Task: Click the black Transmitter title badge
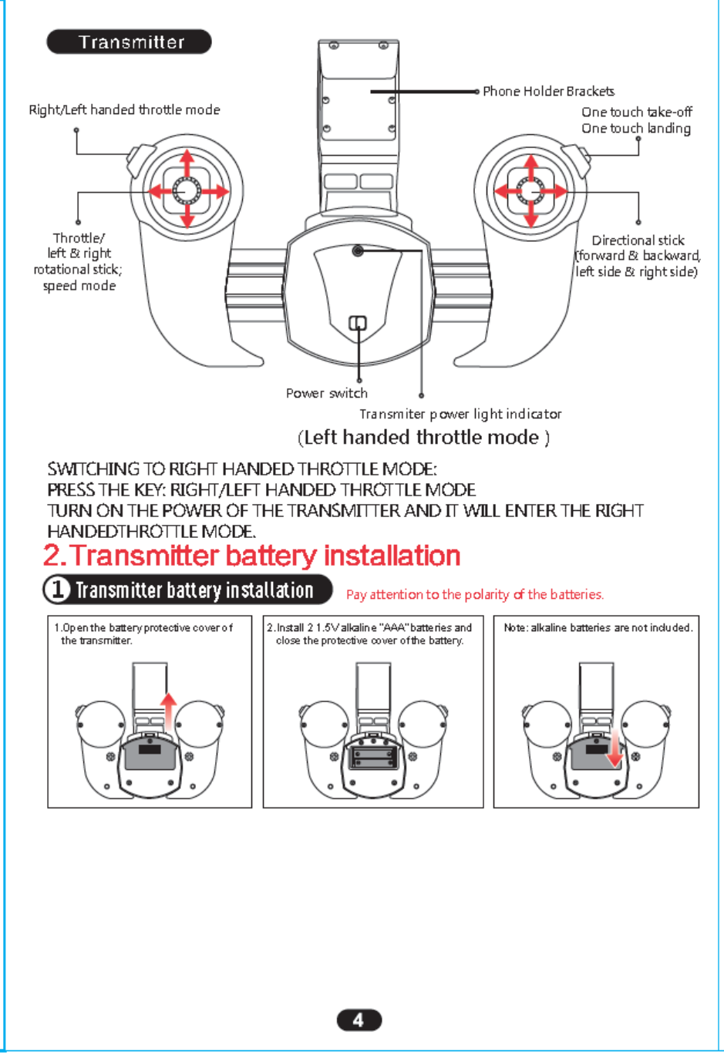coord(130,42)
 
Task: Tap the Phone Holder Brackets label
coord(548,91)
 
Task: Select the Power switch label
coord(326,393)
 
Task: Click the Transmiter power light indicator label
coord(460,414)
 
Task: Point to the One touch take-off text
coord(637,112)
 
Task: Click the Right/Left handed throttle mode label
coord(124,109)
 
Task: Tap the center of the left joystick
coord(187,190)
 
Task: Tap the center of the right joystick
coord(530,190)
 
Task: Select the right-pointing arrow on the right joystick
coord(559,190)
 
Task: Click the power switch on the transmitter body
coord(358,323)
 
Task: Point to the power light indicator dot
coord(358,250)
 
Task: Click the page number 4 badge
coord(359,1020)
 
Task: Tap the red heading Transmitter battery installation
coord(252,556)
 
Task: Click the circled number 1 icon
coord(57,590)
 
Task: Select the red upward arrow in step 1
coord(168,708)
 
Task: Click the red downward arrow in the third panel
coord(614,751)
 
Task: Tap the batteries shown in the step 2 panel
coord(373,756)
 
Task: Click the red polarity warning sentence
coord(475,594)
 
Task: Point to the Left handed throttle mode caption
coord(423,438)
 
